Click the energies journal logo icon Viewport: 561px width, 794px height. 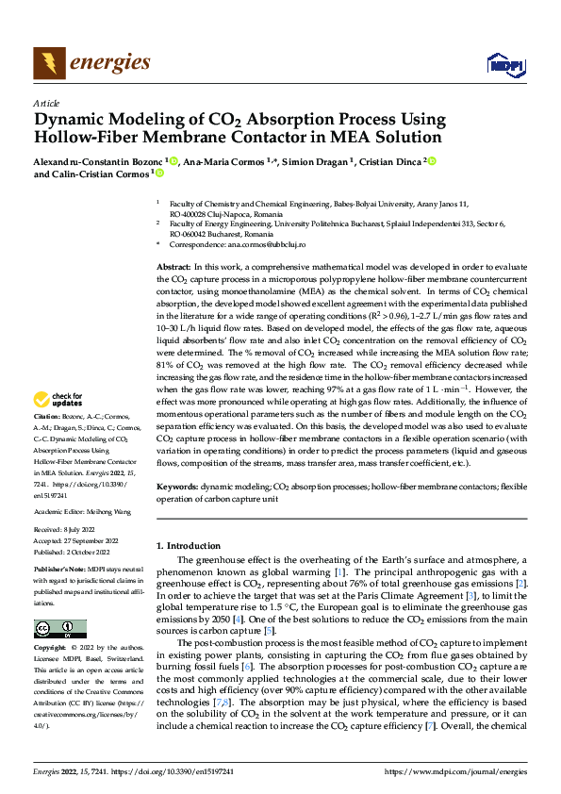pyautogui.click(x=47, y=64)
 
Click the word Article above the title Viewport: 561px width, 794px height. pyautogui.click(x=46, y=103)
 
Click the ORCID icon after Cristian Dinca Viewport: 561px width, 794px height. pyautogui.click(x=432, y=161)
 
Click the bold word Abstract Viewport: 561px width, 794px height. pyautogui.click(x=172, y=268)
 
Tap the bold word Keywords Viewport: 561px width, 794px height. pyautogui.click(x=176, y=486)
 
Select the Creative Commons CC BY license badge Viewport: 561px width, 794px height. pyautogui.click(x=59, y=628)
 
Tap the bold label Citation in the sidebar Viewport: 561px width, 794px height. pyautogui.click(x=46, y=442)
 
